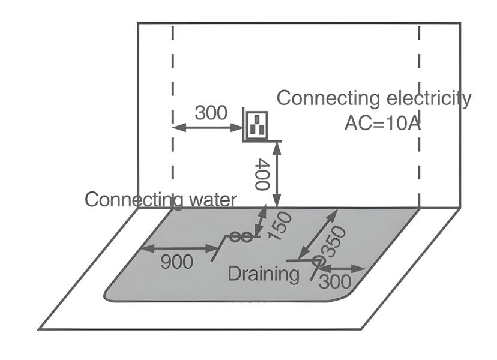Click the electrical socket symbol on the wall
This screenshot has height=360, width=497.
point(256,125)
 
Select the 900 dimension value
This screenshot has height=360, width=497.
point(178,262)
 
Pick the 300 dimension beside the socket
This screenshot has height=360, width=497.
point(211,113)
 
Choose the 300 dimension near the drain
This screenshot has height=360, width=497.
point(335,281)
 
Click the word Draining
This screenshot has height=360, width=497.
point(263,274)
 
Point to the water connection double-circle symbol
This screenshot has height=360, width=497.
point(241,237)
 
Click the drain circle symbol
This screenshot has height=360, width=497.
point(318,261)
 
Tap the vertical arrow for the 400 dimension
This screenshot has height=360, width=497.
point(277,174)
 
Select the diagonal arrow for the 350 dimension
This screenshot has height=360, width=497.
point(319,234)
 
